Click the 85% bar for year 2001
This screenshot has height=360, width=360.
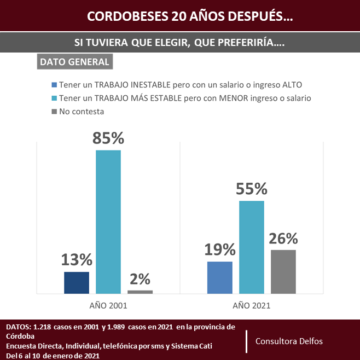point(108,222)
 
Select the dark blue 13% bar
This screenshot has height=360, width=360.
point(77,282)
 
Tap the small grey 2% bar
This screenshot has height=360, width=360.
point(140,292)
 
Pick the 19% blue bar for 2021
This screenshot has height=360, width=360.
point(220,277)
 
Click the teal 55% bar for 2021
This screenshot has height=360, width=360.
point(252,247)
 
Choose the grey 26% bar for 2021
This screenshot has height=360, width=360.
point(283,271)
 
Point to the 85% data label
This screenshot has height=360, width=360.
point(108,138)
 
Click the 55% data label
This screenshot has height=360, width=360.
point(252,189)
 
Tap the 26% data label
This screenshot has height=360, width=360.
point(283,239)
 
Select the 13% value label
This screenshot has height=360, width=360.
point(77,260)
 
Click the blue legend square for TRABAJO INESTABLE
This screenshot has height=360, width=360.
point(54,85)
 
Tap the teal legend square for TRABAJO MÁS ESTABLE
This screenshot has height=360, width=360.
point(54,98)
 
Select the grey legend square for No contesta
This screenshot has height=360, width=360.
point(54,112)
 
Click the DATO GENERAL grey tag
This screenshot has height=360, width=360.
point(74,61)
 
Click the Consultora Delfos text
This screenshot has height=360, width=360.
point(289,341)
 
